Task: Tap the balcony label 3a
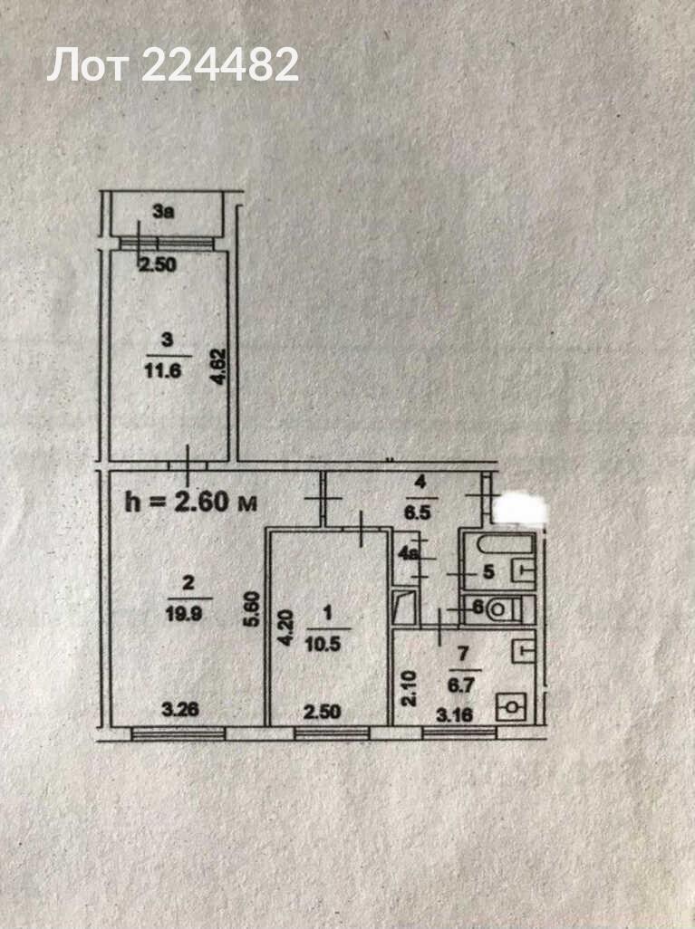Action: pos(163,212)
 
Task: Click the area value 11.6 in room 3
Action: pos(162,371)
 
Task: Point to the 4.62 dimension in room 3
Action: pos(219,367)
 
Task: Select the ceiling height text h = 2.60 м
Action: pos(191,503)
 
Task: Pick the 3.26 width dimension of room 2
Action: pos(180,709)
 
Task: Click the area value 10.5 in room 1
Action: pos(323,644)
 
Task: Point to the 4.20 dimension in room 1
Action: pos(285,628)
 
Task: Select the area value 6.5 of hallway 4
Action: pos(418,512)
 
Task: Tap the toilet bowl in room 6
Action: pos(497,609)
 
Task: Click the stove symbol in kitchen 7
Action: pos(511,707)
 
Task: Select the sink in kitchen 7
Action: pos(524,650)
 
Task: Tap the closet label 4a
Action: pos(409,555)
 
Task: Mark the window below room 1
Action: pos(332,734)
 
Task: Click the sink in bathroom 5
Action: pos(524,570)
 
